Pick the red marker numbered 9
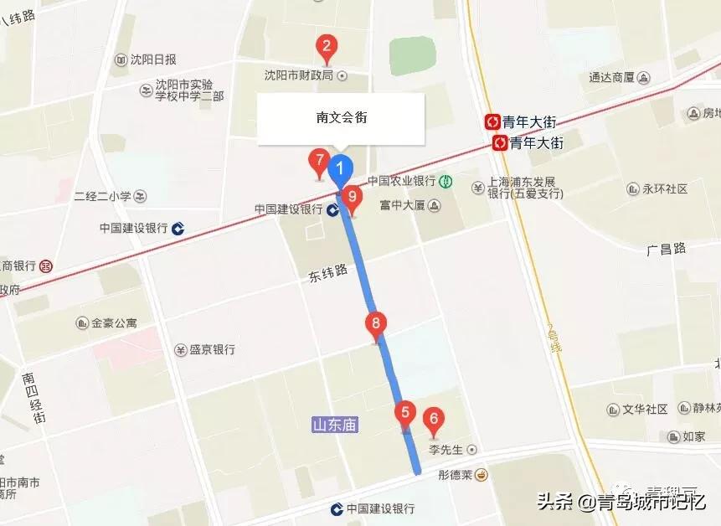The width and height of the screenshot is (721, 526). (x=352, y=199)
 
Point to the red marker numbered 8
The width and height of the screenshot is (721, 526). (x=376, y=323)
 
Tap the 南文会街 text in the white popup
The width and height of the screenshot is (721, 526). (x=341, y=117)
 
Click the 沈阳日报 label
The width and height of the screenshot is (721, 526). (x=153, y=59)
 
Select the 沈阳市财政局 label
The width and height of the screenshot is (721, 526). (x=299, y=75)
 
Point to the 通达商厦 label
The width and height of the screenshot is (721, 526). (x=611, y=77)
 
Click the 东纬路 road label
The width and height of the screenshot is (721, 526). (x=323, y=274)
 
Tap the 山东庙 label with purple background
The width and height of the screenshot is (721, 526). (x=334, y=425)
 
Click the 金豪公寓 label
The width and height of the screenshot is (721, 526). (x=114, y=322)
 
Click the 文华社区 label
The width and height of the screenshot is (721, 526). (x=645, y=410)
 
